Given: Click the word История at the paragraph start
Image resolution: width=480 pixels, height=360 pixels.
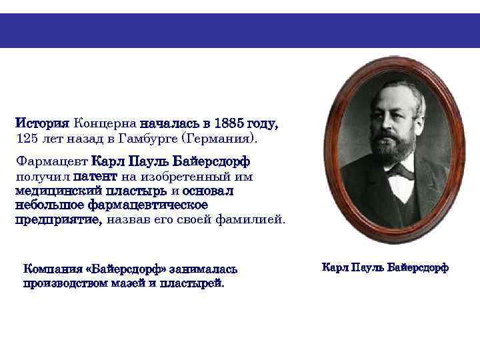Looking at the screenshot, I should point(42,124).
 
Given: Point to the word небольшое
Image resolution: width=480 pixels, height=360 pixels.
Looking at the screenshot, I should point(46,204).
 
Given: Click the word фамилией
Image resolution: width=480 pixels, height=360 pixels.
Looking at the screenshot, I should point(251,219).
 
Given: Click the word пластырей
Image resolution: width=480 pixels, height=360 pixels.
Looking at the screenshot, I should point(191,283).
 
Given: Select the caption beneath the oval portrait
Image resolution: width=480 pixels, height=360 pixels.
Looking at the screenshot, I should point(385,267).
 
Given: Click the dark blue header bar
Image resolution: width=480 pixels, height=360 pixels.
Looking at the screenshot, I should point(240,31).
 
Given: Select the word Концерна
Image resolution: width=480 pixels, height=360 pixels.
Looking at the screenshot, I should point(105,124).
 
